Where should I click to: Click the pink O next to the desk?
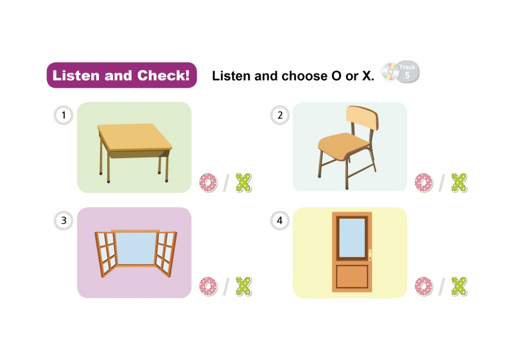click(x=208, y=183)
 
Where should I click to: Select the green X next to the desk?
click(x=244, y=182)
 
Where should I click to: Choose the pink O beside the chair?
click(x=423, y=183)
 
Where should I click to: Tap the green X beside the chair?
click(x=459, y=182)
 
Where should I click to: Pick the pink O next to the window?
click(x=208, y=286)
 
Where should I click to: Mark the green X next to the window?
click(x=244, y=286)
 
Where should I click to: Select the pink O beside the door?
click(x=423, y=286)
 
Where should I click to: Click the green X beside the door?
click(x=459, y=286)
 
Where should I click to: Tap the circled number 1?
click(x=64, y=115)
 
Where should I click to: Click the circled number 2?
click(x=280, y=115)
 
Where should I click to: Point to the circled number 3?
click(x=64, y=221)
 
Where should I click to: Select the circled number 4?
click(x=280, y=221)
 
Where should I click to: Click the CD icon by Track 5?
click(x=390, y=72)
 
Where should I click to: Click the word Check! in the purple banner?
click(x=164, y=75)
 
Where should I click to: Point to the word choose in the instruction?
click(x=304, y=76)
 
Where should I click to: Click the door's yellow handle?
click(x=370, y=255)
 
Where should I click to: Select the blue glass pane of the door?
click(x=352, y=238)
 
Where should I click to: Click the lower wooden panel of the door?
click(x=352, y=277)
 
